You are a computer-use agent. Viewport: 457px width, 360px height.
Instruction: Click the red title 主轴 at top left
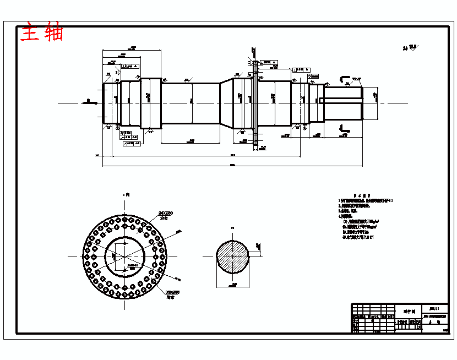(42, 32)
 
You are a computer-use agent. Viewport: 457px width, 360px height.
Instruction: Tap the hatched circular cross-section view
(232, 257)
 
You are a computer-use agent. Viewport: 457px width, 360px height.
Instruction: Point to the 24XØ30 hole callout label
(165, 212)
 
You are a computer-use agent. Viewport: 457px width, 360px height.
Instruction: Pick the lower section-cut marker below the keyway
(344, 128)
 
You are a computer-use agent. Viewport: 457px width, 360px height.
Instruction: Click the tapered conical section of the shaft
(226, 103)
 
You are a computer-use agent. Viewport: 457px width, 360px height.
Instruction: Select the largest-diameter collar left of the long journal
(150, 103)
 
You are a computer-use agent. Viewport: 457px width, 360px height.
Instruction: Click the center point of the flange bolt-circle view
(126, 257)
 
